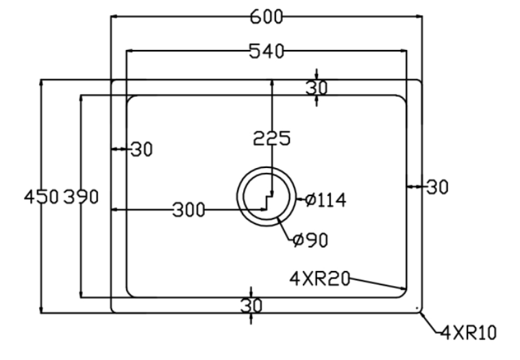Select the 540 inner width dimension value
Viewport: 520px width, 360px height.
[266, 51]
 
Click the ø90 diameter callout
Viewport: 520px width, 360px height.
[310, 240]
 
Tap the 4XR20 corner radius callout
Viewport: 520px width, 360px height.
[320, 278]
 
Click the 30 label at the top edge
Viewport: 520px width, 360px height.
[317, 88]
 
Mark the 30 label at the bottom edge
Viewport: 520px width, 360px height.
[251, 306]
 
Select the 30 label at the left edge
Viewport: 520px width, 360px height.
[140, 149]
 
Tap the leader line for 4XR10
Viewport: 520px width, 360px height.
[430, 324]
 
